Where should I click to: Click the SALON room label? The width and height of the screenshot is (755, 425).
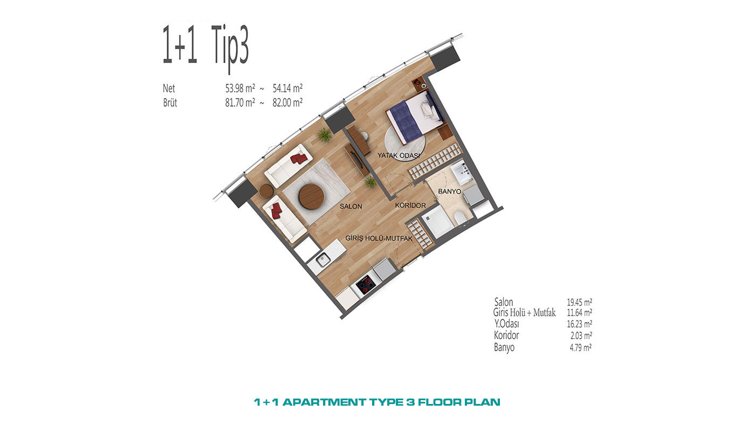tap(351, 206)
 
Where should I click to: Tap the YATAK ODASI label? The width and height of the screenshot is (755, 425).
tap(399, 155)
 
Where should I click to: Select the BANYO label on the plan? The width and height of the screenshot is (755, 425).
tap(449, 191)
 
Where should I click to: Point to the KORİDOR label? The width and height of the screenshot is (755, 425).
tap(410, 205)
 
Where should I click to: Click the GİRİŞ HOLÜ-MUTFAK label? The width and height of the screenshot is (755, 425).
tap(379, 238)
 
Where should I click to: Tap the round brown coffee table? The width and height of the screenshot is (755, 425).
tap(312, 196)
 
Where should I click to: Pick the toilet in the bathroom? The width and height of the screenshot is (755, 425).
tap(459, 218)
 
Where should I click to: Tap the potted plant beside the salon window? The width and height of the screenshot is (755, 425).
tap(324, 135)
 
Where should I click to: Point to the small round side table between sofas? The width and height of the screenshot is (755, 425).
tap(266, 191)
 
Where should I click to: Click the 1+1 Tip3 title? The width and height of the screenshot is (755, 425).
tap(205, 47)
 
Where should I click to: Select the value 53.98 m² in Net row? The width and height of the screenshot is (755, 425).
tap(240, 88)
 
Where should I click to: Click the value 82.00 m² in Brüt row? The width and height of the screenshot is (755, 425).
tap(287, 102)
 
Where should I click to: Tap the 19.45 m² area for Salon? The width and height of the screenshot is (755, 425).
tap(579, 302)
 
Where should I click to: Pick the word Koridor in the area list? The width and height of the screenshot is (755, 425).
tap(506, 335)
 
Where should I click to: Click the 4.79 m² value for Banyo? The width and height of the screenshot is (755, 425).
tap(580, 347)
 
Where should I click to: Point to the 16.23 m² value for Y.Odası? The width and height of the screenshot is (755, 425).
tap(579, 324)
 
